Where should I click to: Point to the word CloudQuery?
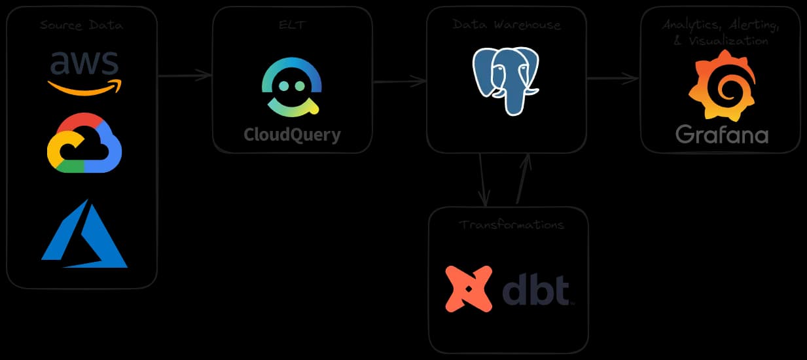click(x=292, y=135)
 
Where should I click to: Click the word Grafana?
click(x=722, y=135)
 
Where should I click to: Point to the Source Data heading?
click(x=82, y=26)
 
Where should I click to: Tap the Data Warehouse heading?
click(x=507, y=25)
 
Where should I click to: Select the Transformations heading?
click(x=511, y=225)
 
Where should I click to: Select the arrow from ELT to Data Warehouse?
click(x=399, y=82)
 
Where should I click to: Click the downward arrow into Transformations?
click(x=483, y=179)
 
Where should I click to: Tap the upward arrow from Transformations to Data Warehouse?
click(x=524, y=179)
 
